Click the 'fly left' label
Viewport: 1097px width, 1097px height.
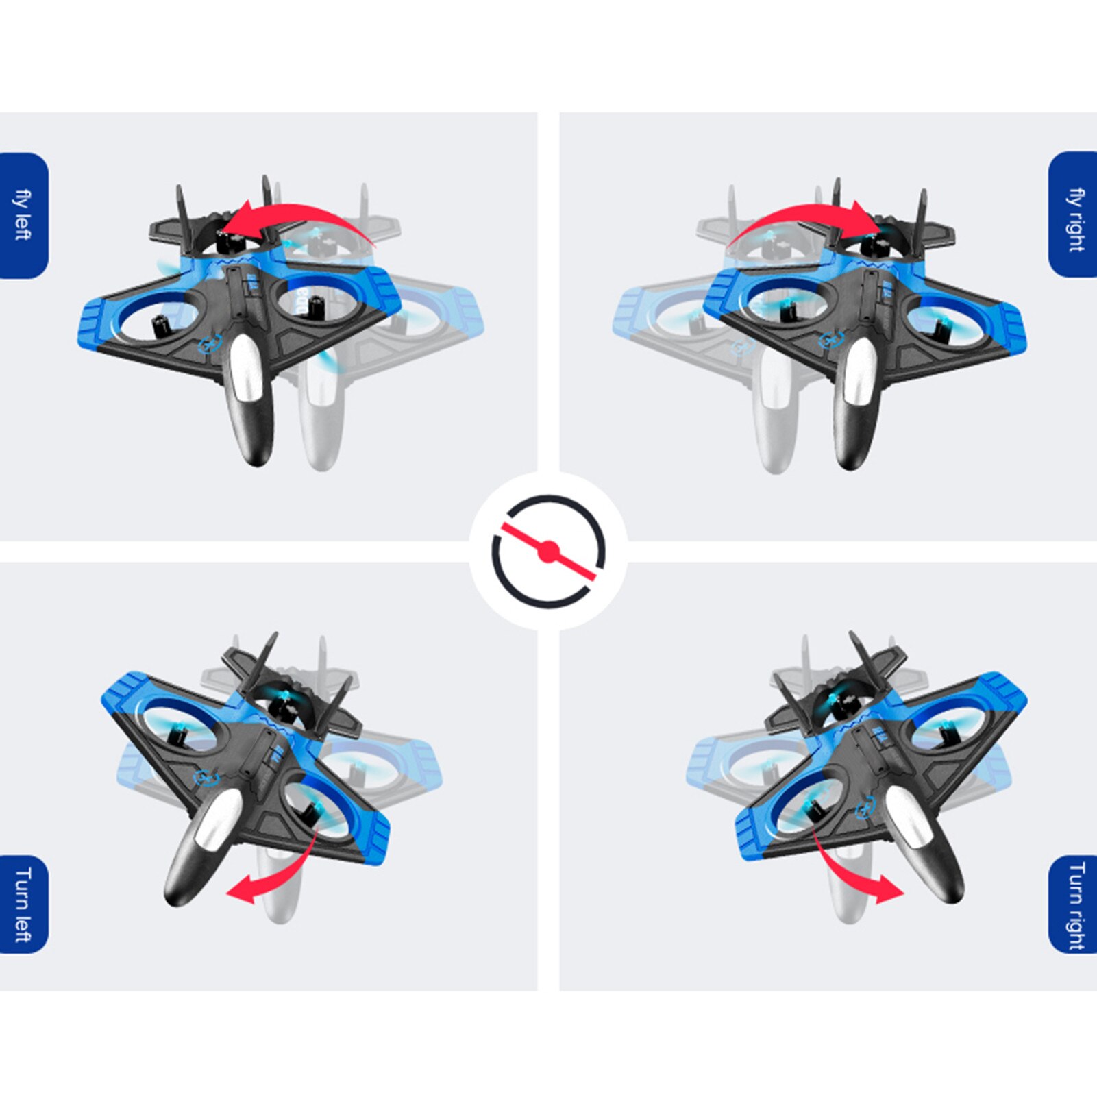[23, 215]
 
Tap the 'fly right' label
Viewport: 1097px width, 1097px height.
[1076, 219]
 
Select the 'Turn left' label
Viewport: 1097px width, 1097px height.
[23, 904]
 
